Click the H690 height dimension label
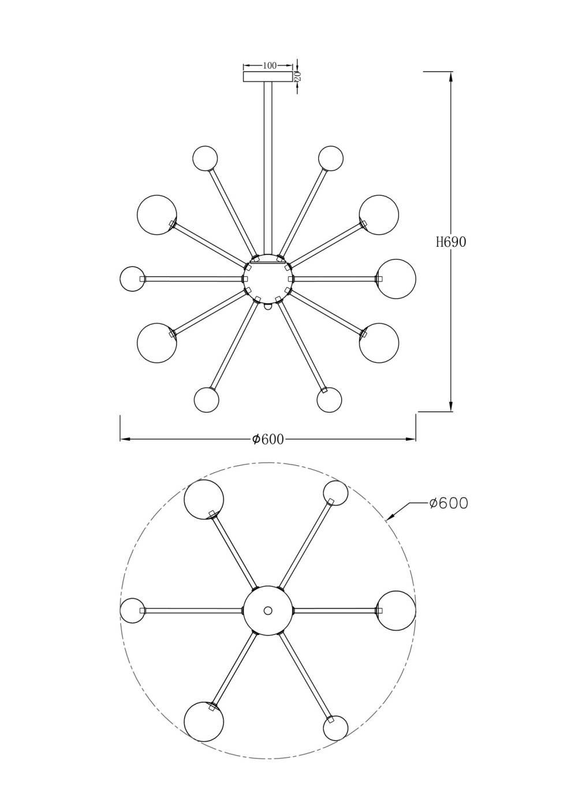pyautogui.click(x=451, y=242)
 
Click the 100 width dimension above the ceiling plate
pyautogui.click(x=269, y=65)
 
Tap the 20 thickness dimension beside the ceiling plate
pyautogui.click(x=298, y=76)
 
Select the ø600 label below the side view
pyautogui.click(x=267, y=439)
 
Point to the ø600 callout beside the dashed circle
pyautogui.click(x=449, y=503)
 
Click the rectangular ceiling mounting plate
pyautogui.click(x=267, y=77)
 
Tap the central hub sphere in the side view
pyautogui.click(x=267, y=279)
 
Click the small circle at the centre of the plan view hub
pyautogui.click(x=268, y=610)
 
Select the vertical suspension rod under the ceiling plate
pyautogui.click(x=267, y=168)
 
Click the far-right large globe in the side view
pyautogui.click(x=396, y=279)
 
